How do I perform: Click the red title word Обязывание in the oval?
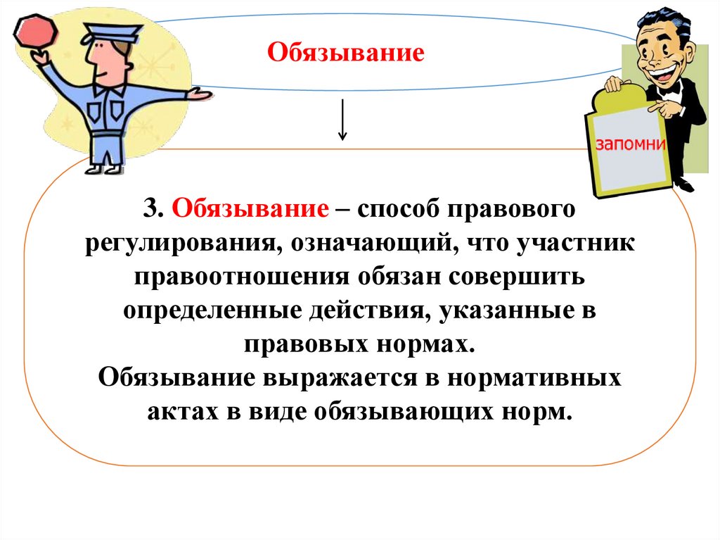[346, 51]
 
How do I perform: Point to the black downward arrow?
[343, 120]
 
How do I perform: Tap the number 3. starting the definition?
[155, 209]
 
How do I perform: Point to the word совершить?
[519, 277]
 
